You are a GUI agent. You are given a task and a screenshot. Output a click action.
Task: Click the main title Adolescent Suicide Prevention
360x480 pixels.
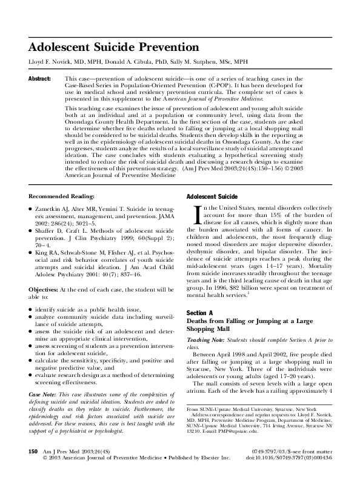pos(114,47)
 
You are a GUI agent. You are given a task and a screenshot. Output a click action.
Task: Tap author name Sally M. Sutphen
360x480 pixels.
pos(193,62)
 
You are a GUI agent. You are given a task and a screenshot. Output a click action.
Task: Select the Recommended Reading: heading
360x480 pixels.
pos(61,198)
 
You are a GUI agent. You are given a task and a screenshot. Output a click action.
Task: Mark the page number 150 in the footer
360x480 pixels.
pos(34,452)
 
